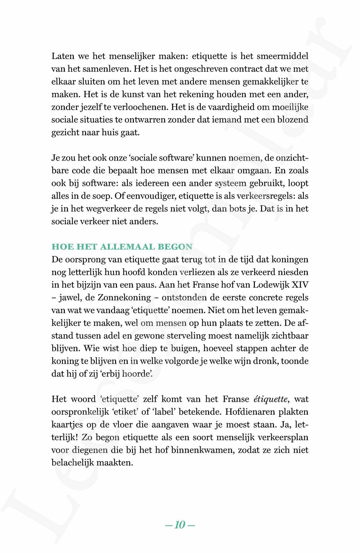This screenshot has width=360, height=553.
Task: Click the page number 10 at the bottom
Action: (x=180, y=525)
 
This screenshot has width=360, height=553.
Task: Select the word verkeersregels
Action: (x=262, y=196)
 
